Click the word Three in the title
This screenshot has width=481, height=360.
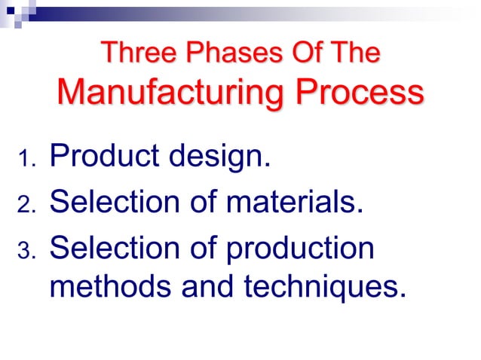click(133, 53)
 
